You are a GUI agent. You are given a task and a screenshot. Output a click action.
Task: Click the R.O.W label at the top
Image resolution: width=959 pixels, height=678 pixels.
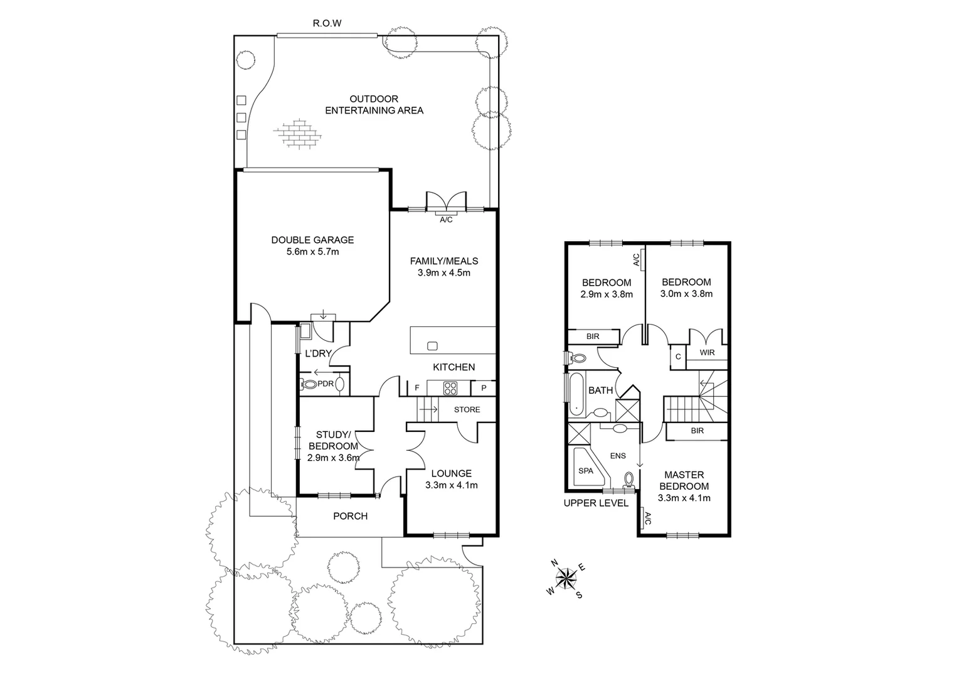click(327, 24)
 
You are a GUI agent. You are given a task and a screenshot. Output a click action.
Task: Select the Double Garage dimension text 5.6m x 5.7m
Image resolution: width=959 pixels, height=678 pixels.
click(312, 252)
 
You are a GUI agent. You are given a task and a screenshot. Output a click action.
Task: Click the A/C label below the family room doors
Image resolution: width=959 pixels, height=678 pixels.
click(446, 220)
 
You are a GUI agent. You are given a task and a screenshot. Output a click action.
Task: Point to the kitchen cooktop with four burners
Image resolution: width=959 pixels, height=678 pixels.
click(450, 388)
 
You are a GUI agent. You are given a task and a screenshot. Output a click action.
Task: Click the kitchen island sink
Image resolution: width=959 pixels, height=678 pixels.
click(432, 345)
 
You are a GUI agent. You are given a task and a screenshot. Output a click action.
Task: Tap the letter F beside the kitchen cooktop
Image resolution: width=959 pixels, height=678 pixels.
click(416, 389)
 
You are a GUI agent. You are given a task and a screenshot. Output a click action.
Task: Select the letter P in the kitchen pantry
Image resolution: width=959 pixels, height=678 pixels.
click(484, 389)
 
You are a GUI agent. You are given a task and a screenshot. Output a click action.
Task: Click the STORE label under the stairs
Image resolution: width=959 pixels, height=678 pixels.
click(467, 410)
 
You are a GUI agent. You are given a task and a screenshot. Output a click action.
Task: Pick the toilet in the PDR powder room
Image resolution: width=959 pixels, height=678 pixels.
click(309, 384)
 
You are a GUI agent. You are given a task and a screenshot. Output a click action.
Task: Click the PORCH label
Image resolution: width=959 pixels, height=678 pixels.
click(350, 516)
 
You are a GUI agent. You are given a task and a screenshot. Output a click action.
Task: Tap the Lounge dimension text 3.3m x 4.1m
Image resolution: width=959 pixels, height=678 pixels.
click(452, 485)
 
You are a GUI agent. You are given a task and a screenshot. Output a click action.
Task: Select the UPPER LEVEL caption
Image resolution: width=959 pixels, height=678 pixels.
click(595, 503)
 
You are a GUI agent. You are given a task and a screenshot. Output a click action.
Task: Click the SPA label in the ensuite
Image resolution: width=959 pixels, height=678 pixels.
click(585, 470)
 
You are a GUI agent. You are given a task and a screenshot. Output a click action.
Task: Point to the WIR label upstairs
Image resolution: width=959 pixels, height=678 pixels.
click(707, 353)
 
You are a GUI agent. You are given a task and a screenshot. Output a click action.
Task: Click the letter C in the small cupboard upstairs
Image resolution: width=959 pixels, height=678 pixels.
click(678, 357)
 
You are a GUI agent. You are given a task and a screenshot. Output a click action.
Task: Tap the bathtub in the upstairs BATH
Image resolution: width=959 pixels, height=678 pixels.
click(576, 394)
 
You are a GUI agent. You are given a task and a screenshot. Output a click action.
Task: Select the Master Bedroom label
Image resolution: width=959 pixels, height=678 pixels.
click(684, 480)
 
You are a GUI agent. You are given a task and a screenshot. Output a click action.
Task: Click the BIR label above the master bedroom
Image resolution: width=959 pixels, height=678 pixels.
click(697, 431)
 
